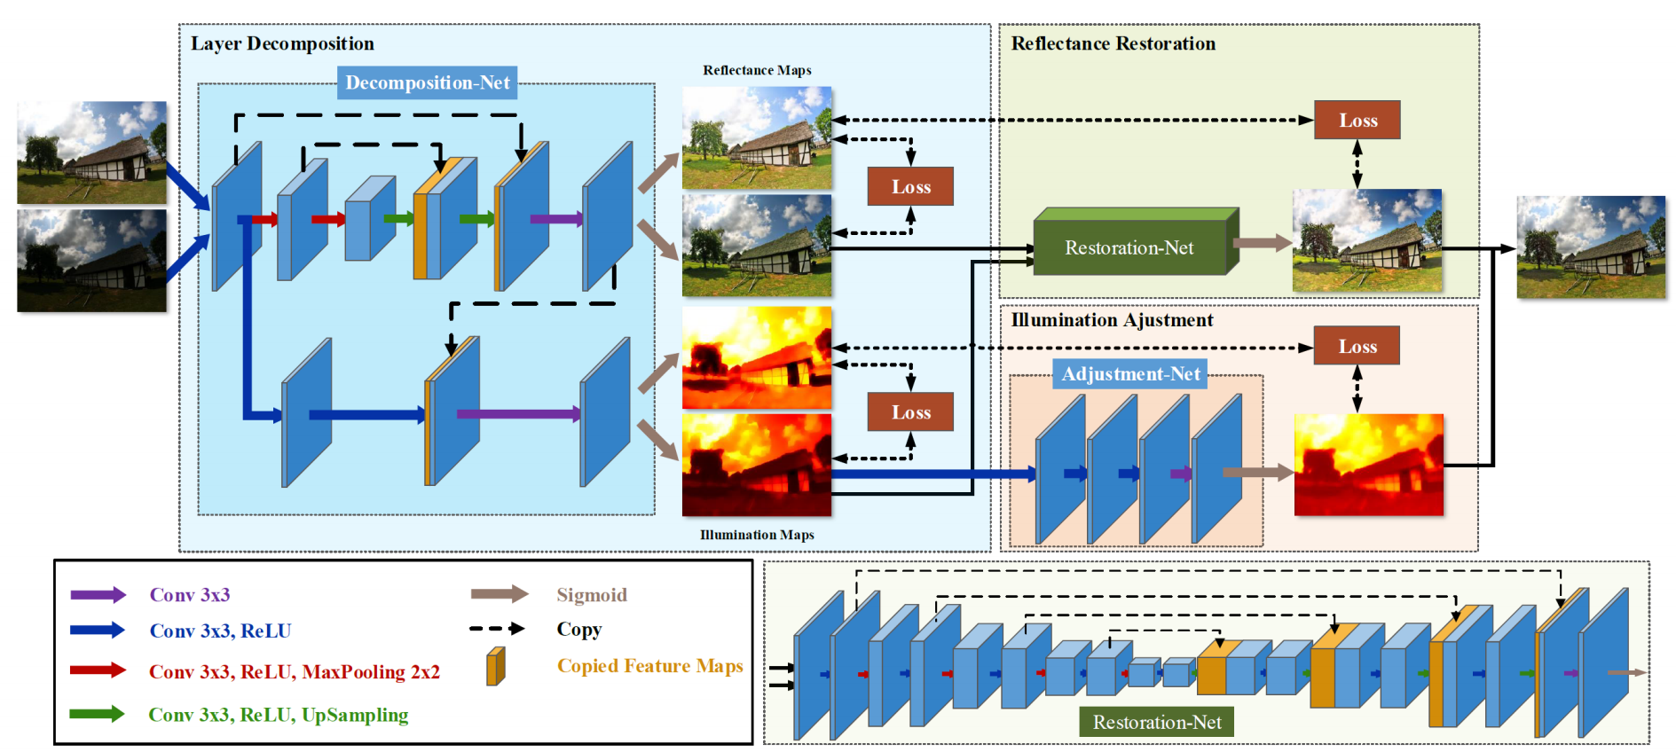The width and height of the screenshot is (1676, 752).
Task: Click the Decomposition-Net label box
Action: click(x=427, y=82)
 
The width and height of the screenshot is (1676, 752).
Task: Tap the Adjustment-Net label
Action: click(x=1130, y=374)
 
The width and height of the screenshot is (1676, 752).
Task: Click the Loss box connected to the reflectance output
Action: click(x=1357, y=120)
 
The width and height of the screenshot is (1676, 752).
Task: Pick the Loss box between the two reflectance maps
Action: click(x=910, y=186)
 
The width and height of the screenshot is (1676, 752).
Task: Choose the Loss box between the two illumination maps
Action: click(x=910, y=411)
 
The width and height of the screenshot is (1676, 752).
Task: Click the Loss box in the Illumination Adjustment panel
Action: click(x=1357, y=346)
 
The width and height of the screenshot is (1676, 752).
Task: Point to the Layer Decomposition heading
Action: click(x=282, y=43)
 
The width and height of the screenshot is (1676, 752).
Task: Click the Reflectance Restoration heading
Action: click(x=1113, y=43)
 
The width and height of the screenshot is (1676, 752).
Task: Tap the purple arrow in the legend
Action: click(x=98, y=595)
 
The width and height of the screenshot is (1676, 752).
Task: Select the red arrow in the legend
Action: click(x=98, y=670)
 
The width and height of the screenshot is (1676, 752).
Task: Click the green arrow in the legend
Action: click(x=98, y=714)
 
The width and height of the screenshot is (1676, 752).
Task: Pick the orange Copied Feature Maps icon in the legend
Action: click(x=496, y=666)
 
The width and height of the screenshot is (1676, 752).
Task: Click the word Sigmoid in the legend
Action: click(x=592, y=595)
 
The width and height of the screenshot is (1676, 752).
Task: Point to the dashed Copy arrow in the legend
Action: click(x=497, y=629)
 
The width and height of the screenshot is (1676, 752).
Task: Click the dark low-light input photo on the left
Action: click(x=92, y=261)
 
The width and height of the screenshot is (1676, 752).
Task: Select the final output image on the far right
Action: click(x=1591, y=247)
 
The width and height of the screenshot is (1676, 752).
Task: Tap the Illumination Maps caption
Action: click(x=757, y=535)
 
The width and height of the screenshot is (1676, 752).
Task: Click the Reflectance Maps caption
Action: click(x=757, y=70)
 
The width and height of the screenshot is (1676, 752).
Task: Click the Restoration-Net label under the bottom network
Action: click(x=1157, y=722)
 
